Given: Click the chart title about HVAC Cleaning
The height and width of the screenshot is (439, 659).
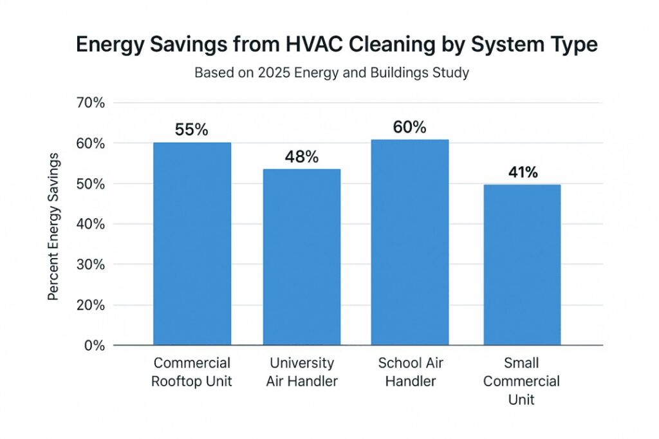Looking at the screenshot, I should tap(336, 44).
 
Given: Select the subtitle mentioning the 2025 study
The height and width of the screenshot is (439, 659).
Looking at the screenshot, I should tap(331, 73).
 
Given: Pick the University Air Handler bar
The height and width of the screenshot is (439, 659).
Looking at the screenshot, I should tap(302, 257).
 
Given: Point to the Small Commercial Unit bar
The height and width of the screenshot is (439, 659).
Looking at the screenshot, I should tap(522, 265).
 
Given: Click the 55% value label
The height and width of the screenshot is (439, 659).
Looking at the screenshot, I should tap(192, 129).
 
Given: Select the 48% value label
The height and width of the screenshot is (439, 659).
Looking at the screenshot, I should tap(302, 156).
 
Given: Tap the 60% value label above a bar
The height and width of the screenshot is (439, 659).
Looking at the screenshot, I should tap(409, 127).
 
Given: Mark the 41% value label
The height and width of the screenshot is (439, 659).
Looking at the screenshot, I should tap(522, 172).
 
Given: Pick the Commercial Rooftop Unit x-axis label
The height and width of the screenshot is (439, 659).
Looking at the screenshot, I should tap(192, 372).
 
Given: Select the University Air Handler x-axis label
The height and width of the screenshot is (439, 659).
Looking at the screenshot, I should tap(302, 372).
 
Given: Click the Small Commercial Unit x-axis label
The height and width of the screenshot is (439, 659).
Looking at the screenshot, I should tap(522, 381).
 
